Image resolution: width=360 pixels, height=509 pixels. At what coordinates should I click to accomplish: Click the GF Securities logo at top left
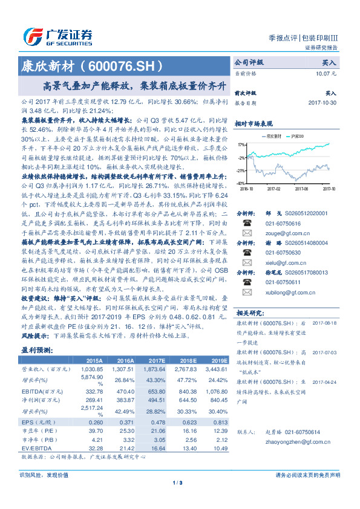58,36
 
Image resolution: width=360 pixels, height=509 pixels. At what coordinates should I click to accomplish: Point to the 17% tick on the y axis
241,145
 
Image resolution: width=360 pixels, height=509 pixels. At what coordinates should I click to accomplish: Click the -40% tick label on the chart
240,183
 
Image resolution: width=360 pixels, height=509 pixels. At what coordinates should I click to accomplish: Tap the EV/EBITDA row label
36,448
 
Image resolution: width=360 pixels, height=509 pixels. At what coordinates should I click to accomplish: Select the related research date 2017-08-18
324,323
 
